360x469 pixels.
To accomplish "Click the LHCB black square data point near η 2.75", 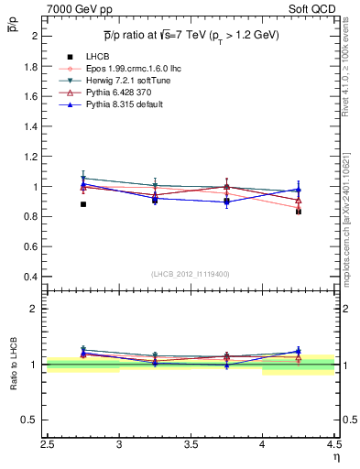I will point(83,204).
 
